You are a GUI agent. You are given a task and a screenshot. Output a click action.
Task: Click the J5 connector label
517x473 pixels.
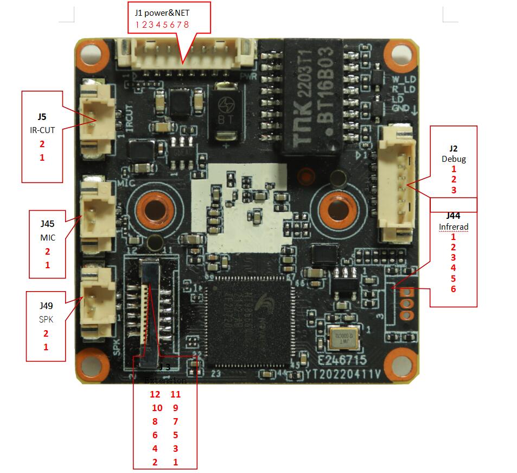[x=42, y=116]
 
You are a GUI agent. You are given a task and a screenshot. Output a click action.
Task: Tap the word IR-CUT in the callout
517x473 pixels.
[x=42, y=130]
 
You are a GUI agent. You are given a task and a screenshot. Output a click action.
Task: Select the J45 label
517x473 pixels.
[x=47, y=224]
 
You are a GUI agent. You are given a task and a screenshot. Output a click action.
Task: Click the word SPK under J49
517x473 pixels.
[x=46, y=320]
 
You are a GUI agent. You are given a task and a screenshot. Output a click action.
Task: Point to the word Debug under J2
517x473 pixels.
[x=454, y=159]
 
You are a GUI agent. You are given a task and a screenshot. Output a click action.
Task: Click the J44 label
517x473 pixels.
[x=453, y=216]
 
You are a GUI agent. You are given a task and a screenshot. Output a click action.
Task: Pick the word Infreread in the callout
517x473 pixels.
[x=453, y=226]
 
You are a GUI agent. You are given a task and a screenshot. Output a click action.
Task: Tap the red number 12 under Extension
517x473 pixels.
[x=155, y=394]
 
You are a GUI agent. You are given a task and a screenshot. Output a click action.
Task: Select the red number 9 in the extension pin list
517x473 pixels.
[x=175, y=408]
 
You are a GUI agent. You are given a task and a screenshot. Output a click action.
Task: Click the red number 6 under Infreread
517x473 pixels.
[x=453, y=289]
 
